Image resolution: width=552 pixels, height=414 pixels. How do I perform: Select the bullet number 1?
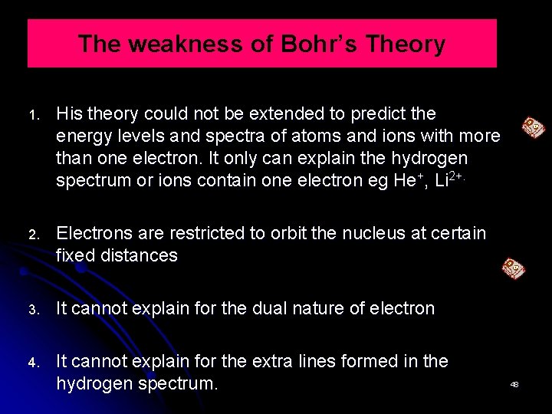pyautogui.click(x=34, y=116)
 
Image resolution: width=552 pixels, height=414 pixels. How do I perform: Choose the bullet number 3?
pyautogui.click(x=34, y=310)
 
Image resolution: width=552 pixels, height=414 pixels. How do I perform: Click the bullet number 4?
pyautogui.click(x=34, y=363)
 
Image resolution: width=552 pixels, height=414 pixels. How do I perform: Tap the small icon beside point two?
pyautogui.click(x=513, y=268)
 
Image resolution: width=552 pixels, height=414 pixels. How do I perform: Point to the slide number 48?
pyautogui.click(x=514, y=384)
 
